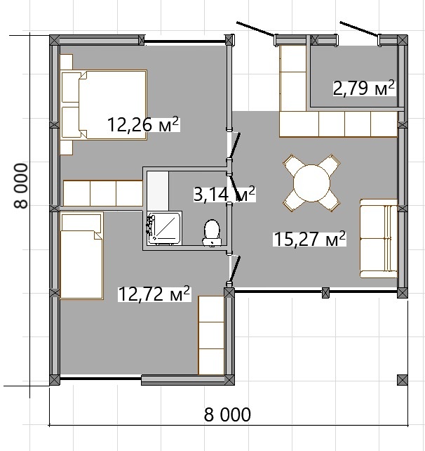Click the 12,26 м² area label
pos(143,124)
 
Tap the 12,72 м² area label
pos(154,294)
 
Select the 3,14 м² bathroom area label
pos(224,194)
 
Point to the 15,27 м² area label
pos(309,238)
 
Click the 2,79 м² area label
pos(364,88)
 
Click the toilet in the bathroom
pos(212,233)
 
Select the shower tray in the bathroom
pos(164,228)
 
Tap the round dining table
pos(311,183)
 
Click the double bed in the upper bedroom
pos(104,105)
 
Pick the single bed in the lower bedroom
pos(82,256)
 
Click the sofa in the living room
pos(379,238)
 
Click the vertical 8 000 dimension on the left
pos(20,185)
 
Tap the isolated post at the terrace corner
pos(403,380)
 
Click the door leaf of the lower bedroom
pos(235,269)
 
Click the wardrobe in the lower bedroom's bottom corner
pos(211,335)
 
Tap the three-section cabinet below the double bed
pos(103,193)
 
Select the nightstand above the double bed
pos(67,62)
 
